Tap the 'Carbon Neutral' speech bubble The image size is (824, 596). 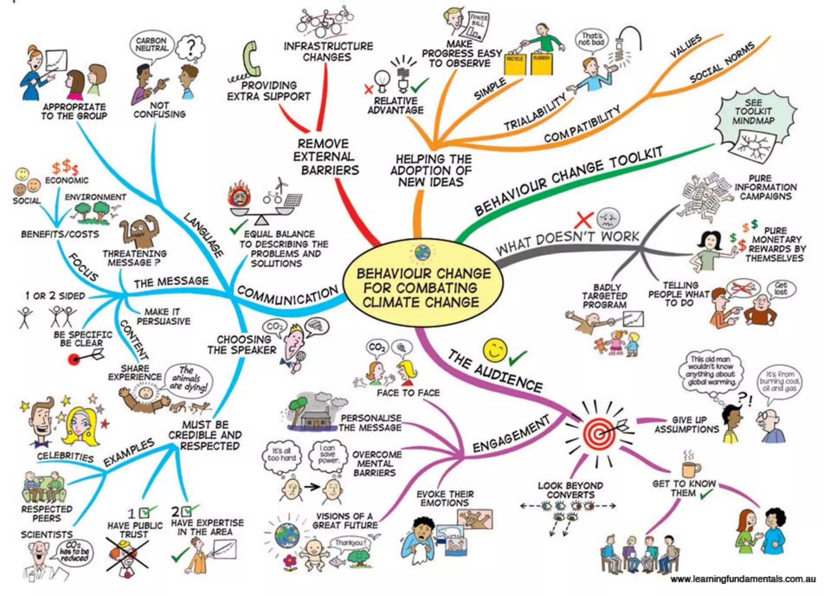pos(152,45)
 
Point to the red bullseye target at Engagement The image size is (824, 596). pos(599,434)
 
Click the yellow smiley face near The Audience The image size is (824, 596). pos(494,350)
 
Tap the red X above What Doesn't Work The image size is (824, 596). pos(583,220)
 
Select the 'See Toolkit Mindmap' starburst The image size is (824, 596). pos(754,114)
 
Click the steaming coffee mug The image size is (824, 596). pos(690,468)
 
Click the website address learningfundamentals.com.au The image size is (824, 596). pos(743,579)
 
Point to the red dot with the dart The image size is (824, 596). pos(74,359)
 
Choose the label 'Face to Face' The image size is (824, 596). pos(408,393)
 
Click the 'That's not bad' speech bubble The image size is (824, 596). pos(591,39)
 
